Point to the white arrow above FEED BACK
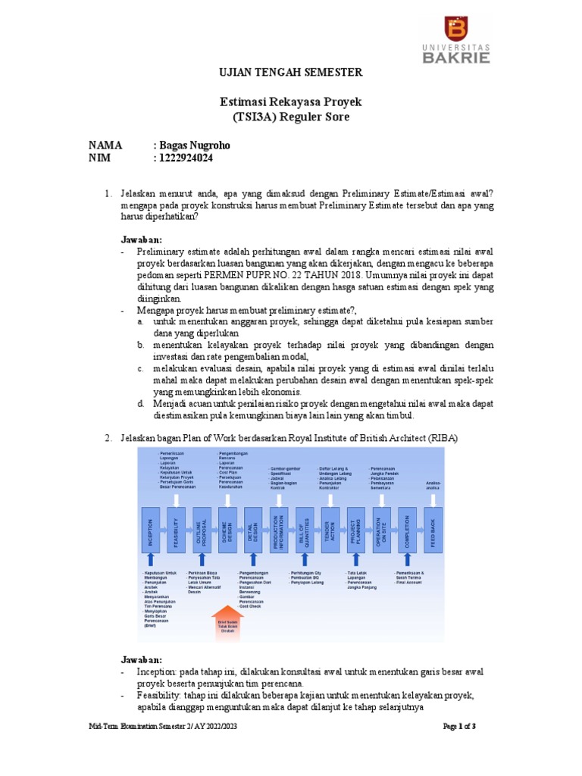433,497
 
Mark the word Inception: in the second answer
158,672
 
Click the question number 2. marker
108,438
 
